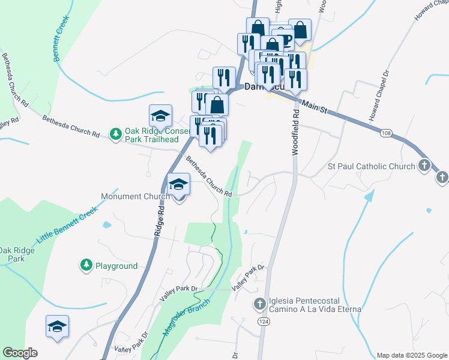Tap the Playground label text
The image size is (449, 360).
tap(116, 266)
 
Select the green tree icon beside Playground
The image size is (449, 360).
tap(86, 264)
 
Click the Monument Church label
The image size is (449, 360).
tap(134, 196)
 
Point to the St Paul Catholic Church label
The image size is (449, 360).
tap(371, 166)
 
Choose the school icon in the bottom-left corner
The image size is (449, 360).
tap(58, 326)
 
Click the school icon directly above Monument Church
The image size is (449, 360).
tap(178, 184)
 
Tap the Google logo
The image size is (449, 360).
tap(20, 353)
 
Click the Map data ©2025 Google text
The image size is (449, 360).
tap(411, 355)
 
